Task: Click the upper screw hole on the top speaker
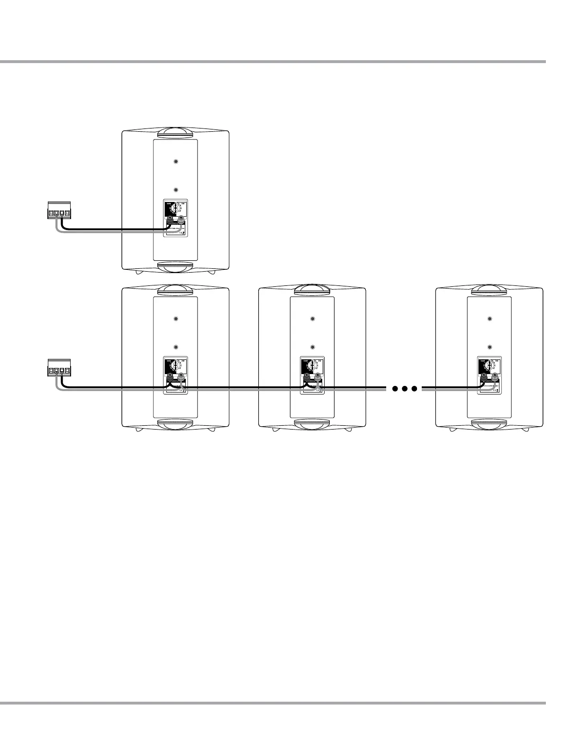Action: [x=176, y=161]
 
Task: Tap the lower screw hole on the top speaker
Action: [x=176, y=190]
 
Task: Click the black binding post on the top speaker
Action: [x=170, y=220]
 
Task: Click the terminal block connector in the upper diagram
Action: [x=59, y=211]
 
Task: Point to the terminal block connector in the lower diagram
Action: [x=59, y=368]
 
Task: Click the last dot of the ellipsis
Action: [x=415, y=389]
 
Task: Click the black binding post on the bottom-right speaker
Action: [x=484, y=377]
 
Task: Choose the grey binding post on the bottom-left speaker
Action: [x=181, y=377]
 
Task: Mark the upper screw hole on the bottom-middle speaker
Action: [x=312, y=319]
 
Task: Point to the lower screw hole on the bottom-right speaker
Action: [x=489, y=348]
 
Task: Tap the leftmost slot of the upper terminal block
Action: [x=51, y=213]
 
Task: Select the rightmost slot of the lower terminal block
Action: [x=67, y=371]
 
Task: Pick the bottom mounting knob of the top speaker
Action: [x=176, y=267]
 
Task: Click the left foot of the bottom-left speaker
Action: [x=138, y=430]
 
